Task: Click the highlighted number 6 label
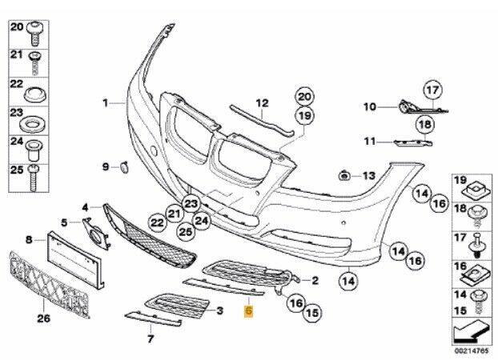[248, 311]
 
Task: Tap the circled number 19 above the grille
[304, 115]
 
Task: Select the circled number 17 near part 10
[433, 90]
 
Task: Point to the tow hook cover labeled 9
[124, 167]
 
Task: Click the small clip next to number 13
[343, 175]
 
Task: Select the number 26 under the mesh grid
[44, 318]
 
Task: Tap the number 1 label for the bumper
[105, 103]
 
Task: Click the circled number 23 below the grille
[191, 204]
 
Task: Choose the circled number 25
[186, 232]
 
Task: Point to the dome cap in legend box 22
[34, 94]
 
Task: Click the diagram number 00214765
[472, 351]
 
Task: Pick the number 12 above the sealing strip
[263, 103]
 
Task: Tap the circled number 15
[312, 313]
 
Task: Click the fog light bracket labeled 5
[96, 233]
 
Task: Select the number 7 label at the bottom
[151, 338]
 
